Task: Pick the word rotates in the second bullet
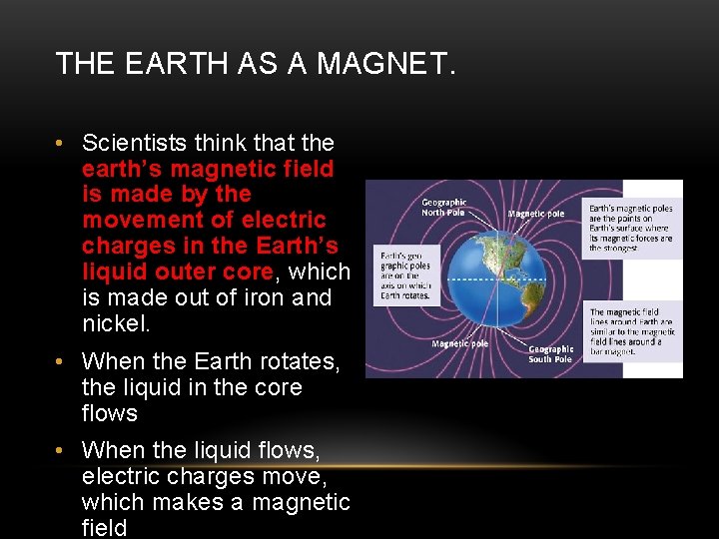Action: [302, 361]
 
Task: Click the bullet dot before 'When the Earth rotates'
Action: [62, 361]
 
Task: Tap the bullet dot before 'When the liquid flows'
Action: [62, 450]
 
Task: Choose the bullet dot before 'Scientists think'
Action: [62, 143]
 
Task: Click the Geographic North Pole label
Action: [443, 207]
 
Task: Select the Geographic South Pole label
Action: [551, 353]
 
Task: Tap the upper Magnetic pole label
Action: [535, 213]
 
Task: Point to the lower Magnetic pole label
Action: [459, 343]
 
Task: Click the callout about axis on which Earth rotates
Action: [404, 273]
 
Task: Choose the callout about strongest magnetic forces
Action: [630, 227]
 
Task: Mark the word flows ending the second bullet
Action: [110, 413]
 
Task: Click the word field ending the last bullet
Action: [105, 528]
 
